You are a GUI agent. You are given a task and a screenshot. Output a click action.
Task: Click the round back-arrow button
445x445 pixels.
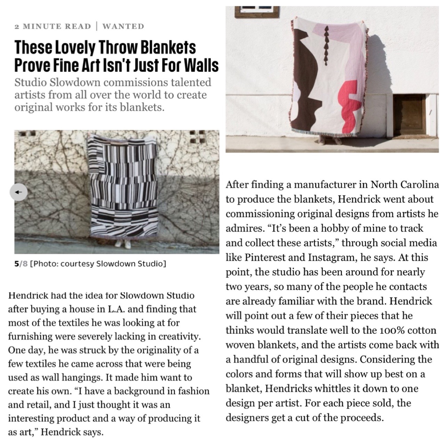click(x=19, y=192)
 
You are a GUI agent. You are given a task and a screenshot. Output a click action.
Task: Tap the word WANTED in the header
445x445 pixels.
click(x=123, y=26)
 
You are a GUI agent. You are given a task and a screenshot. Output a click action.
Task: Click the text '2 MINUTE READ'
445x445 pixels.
click(x=52, y=26)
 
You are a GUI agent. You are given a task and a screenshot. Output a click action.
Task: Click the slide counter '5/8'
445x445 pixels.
click(x=21, y=264)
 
